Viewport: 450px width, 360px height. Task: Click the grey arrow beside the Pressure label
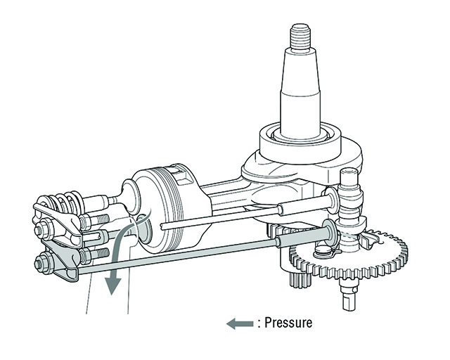(240, 323)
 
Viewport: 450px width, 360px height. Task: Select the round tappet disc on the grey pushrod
(328, 231)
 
